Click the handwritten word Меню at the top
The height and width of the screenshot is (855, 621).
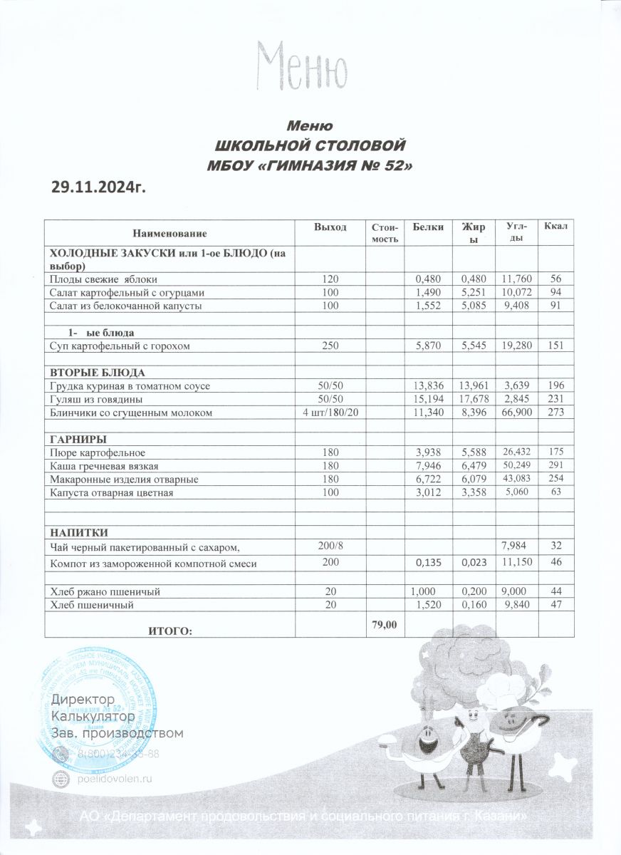coord(303,65)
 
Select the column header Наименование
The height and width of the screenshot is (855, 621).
coord(169,233)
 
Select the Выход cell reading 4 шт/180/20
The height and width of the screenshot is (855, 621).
coord(330,413)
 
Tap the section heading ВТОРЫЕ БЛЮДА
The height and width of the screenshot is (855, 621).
coord(96,373)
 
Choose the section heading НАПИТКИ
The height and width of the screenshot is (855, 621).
coord(78,532)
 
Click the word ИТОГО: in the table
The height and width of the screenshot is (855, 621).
coord(169,630)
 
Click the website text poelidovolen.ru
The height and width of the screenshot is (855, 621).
coord(115,779)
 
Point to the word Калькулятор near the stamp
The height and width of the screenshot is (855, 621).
coord(93,715)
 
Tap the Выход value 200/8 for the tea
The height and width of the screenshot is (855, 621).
coord(330,545)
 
